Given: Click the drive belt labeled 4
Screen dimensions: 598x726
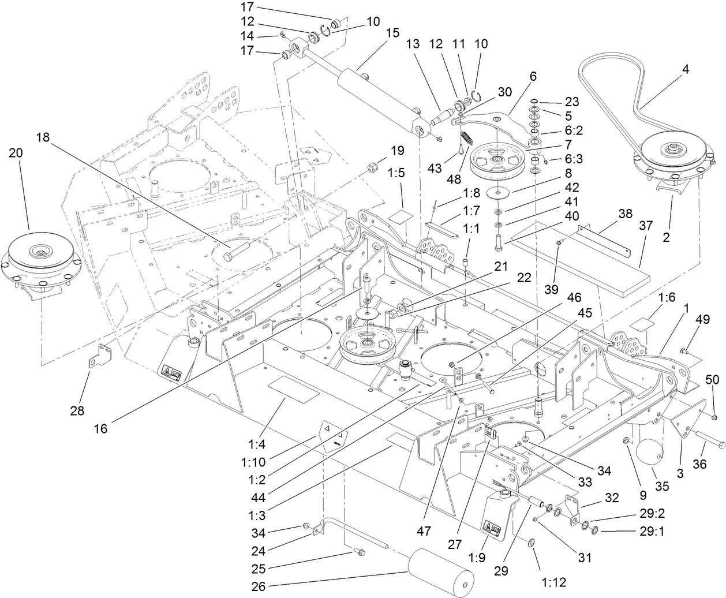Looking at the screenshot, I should point(623,87).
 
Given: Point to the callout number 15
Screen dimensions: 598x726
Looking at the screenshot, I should point(392,33).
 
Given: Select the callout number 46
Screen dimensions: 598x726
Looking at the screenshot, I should point(574,297).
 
